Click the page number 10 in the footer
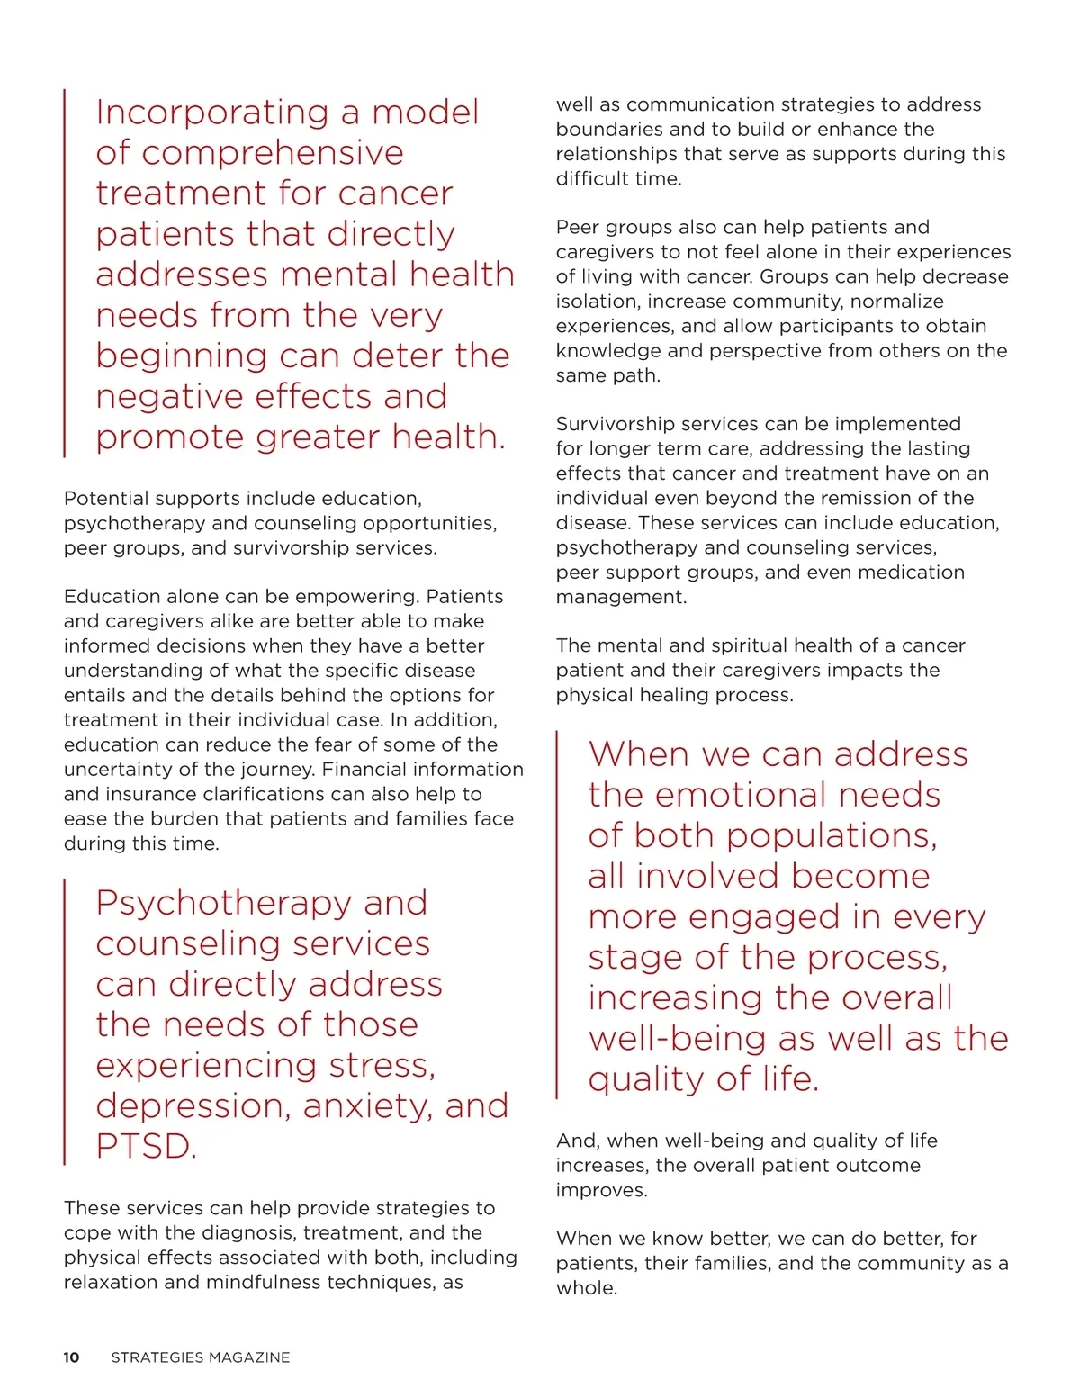click(71, 1357)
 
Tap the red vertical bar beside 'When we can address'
click(557, 915)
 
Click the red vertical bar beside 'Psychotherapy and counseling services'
click(65, 1022)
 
